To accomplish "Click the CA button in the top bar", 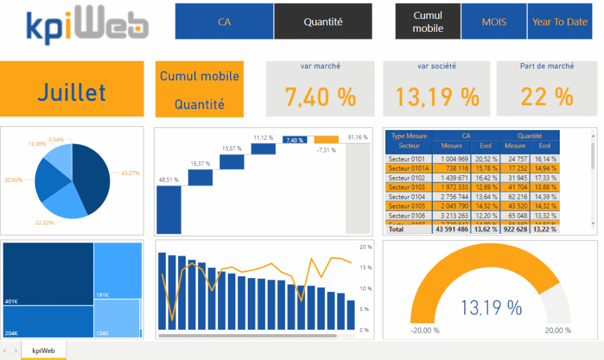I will pyautogui.click(x=224, y=22).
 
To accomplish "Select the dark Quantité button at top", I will pyautogui.click(x=323, y=22).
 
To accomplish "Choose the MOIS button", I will pyautogui.click(x=494, y=22).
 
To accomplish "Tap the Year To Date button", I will pyautogui.click(x=560, y=22).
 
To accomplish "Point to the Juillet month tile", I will pyautogui.click(x=72, y=92).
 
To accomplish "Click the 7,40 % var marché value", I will pyautogui.click(x=320, y=96).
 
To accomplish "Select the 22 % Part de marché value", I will pyautogui.click(x=547, y=96).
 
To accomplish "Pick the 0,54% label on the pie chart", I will pyautogui.click(x=57, y=139).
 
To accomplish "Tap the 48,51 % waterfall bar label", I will pyautogui.click(x=169, y=179).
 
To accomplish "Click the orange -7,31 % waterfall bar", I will pyautogui.click(x=326, y=140).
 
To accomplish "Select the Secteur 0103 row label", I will pyautogui.click(x=407, y=187).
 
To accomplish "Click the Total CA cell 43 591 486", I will pyautogui.click(x=451, y=229).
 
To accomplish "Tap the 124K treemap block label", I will pyautogui.click(x=103, y=333).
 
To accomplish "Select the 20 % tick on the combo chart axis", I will pyautogui.click(x=366, y=247).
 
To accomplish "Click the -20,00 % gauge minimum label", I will pyautogui.click(x=425, y=330).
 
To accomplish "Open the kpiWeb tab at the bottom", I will pyautogui.click(x=44, y=350).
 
